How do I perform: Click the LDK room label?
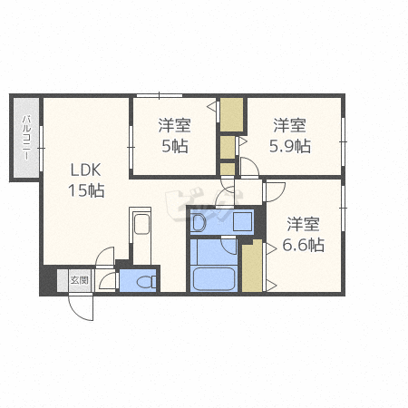[85, 170]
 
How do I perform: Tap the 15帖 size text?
[86, 190]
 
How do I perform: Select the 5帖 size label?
[175, 146]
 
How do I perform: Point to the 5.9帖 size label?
[290, 146]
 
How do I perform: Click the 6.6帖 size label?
[303, 245]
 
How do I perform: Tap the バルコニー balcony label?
[26, 138]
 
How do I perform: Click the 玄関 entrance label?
[79, 280]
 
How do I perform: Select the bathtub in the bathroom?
[214, 278]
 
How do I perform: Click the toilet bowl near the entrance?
[146, 282]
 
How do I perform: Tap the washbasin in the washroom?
[199, 223]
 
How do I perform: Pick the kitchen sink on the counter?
[141, 224]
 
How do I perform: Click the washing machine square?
[243, 221]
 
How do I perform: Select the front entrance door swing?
[81, 307]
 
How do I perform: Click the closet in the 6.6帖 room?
[252, 266]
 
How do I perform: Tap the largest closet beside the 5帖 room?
[232, 114]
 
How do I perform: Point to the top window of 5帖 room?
[160, 95]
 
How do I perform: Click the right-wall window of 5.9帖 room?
[343, 141]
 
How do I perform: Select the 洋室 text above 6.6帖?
[303, 224]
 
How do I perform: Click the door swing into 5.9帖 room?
[249, 167]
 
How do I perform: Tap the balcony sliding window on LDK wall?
[41, 149]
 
